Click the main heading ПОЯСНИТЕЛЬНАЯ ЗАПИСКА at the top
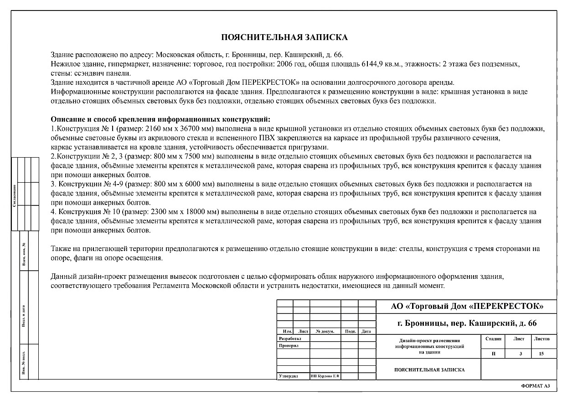(284, 37)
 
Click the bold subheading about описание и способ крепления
(160, 120)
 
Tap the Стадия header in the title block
(494, 339)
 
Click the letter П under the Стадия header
(494, 354)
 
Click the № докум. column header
(325, 331)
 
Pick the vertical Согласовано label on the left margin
(15, 195)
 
